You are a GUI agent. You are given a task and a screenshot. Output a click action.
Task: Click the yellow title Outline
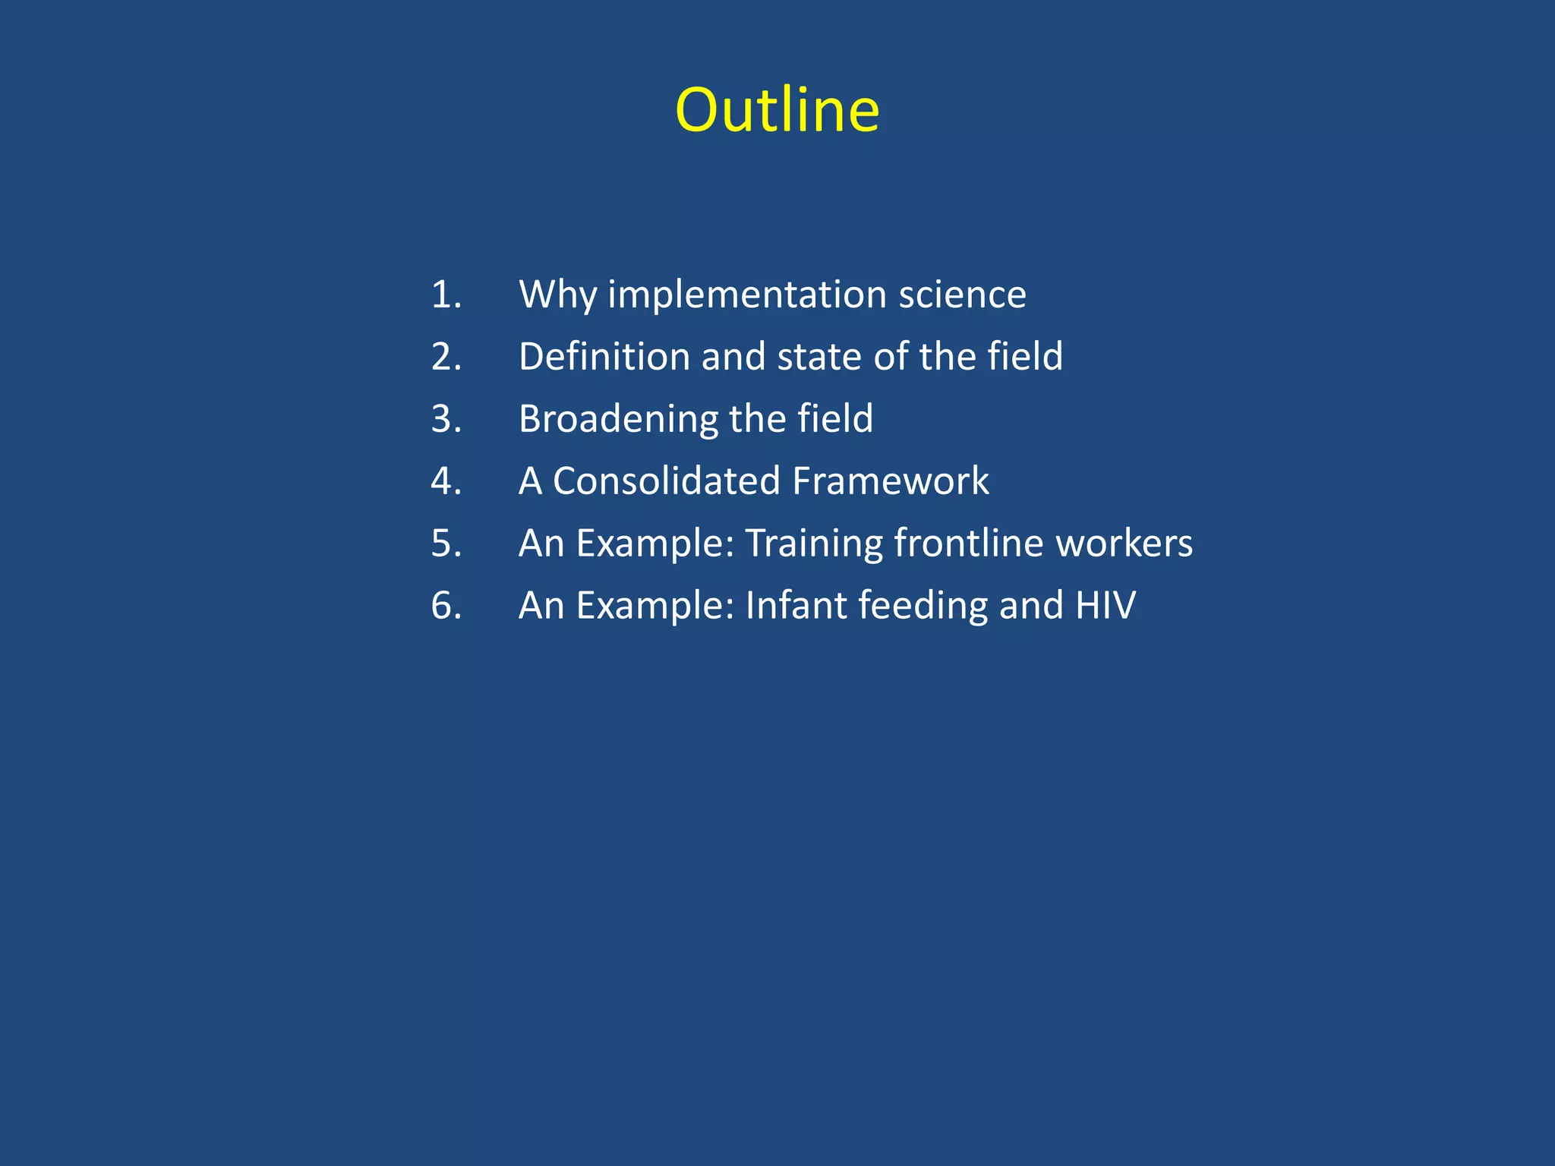[777, 110]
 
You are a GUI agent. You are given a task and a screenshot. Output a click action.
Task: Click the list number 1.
[446, 295]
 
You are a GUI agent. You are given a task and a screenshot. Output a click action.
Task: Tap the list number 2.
[446, 357]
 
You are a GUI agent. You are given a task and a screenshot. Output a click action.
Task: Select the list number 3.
[446, 419]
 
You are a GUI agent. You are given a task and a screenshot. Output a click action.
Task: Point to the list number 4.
[446, 481]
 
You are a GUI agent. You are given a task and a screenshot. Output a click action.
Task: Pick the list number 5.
[446, 544]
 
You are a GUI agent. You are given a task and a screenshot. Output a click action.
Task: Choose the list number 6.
[446, 606]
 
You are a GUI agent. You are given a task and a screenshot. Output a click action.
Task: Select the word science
[962, 295]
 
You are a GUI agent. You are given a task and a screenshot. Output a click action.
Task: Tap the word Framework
[890, 481]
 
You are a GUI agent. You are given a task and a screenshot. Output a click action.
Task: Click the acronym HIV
[1106, 606]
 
